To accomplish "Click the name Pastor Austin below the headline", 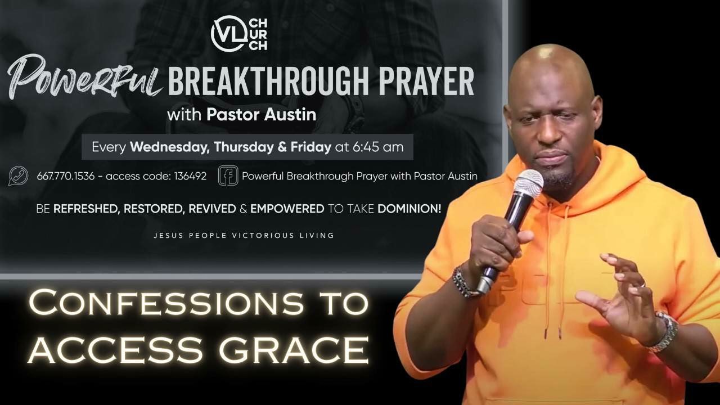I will click(261, 115).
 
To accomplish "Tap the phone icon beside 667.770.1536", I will click(19, 176).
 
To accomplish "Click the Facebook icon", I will click(228, 175).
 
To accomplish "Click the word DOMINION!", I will click(409, 209).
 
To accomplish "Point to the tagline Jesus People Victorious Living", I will click(244, 235).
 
